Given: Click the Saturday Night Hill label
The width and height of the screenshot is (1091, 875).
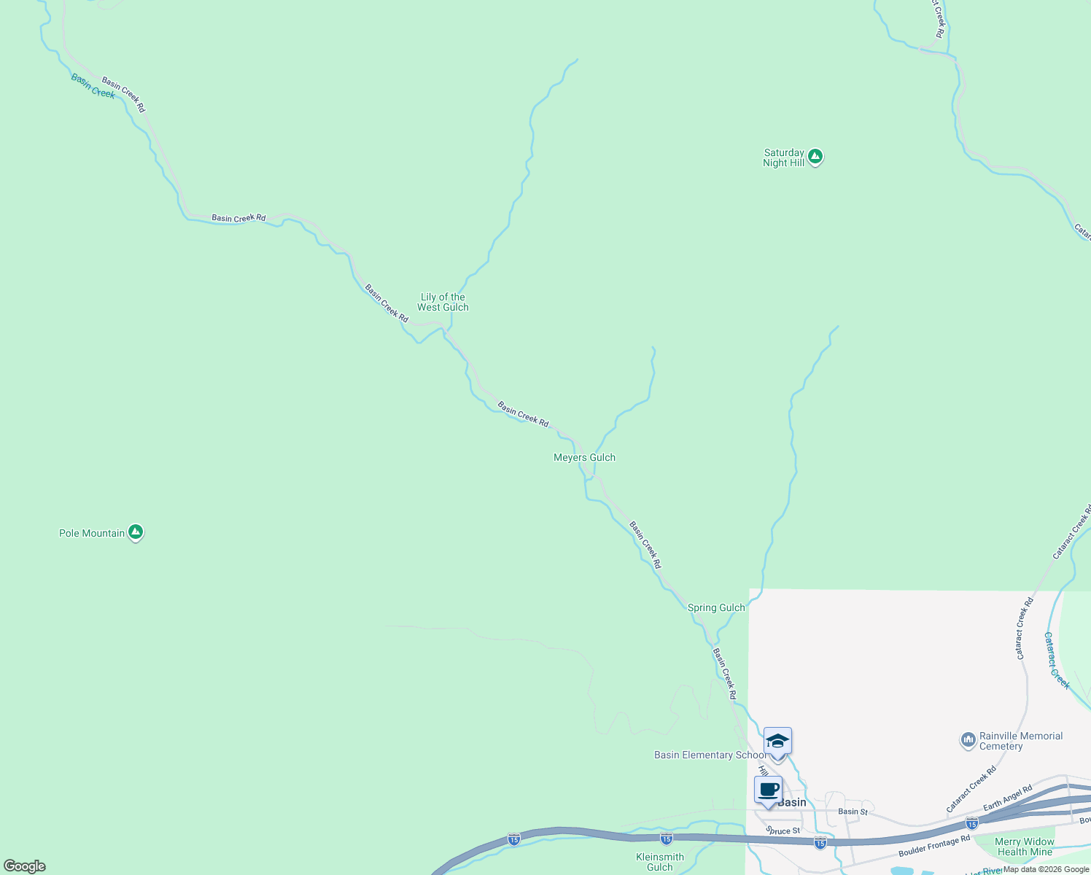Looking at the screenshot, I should [783, 157].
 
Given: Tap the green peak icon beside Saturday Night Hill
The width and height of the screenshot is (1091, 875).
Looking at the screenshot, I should [815, 156].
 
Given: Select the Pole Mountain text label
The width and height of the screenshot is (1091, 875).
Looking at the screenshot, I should [92, 533].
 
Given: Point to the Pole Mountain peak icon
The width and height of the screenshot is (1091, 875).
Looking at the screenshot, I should [135, 532].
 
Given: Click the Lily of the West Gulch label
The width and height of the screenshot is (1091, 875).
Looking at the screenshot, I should [443, 302].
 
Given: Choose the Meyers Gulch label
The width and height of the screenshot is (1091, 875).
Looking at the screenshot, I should [584, 457].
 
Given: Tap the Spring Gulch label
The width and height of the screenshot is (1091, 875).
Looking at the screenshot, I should [716, 607].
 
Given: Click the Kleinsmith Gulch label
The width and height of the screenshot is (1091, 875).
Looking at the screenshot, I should [660, 862].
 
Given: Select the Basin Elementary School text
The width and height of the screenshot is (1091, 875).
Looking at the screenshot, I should [710, 755].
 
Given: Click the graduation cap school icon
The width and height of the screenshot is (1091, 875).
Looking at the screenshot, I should [777, 741].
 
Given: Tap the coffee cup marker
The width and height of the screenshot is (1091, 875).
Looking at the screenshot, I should [768, 790].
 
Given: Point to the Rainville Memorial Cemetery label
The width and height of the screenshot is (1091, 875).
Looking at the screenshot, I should [1020, 741].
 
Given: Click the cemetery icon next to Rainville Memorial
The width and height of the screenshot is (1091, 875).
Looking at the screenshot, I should [968, 740].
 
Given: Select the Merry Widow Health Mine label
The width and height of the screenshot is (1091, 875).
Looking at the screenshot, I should [1025, 847].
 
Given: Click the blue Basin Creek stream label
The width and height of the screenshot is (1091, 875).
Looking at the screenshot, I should [93, 86].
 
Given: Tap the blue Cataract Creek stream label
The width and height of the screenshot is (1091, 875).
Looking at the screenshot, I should [1057, 661].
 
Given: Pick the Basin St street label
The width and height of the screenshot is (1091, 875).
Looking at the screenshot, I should [853, 812].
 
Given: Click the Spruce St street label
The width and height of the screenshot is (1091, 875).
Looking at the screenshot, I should [783, 831].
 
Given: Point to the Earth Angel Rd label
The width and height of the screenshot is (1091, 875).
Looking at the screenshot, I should [1007, 798].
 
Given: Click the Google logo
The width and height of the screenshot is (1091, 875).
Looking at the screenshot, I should [25, 866].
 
